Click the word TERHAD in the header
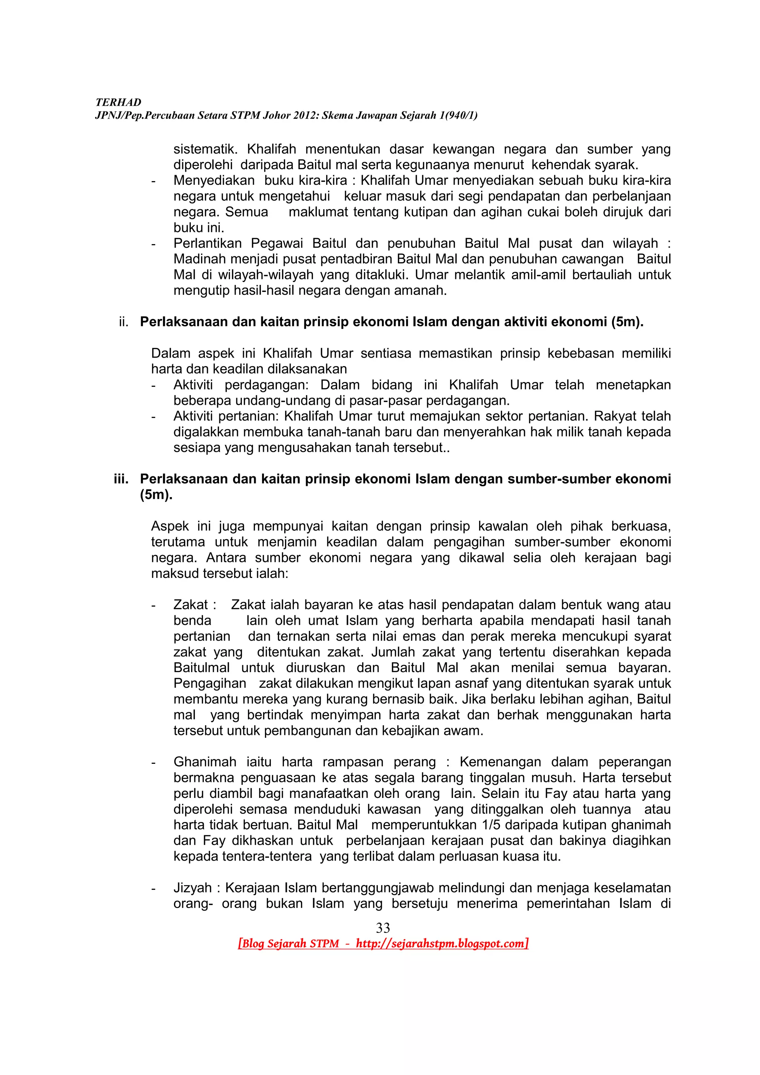(x=118, y=102)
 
